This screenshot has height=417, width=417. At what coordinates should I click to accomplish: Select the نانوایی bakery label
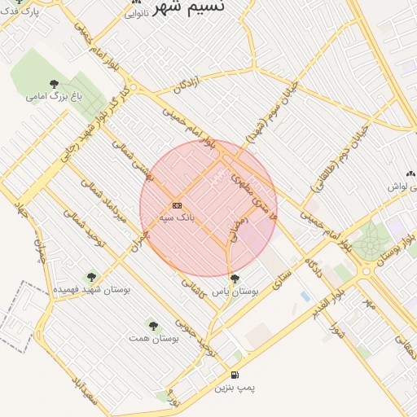(x=136, y=14)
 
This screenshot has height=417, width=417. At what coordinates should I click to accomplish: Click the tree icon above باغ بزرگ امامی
(x=55, y=84)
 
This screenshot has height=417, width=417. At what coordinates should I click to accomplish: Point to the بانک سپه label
(x=177, y=218)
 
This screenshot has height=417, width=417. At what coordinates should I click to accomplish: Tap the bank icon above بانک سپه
(x=177, y=205)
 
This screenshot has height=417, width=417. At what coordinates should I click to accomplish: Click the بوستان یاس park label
(x=235, y=291)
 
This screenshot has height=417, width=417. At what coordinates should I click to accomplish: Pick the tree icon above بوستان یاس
(x=235, y=279)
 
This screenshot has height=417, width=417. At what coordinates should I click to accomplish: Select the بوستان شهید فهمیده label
(x=90, y=289)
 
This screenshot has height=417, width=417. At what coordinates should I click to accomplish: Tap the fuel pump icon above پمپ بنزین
(x=235, y=375)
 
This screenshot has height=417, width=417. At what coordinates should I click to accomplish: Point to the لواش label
(x=397, y=187)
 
